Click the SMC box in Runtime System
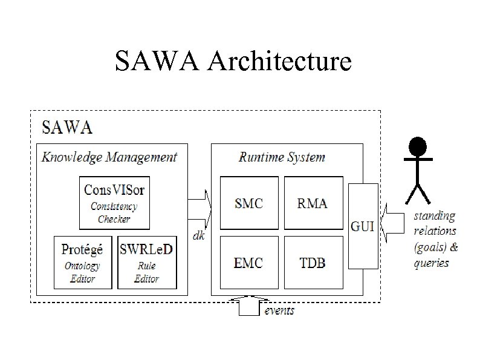(x=249, y=203)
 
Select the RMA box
(x=313, y=203)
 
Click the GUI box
(x=363, y=226)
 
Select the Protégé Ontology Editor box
(x=82, y=261)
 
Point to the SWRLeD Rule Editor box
(x=146, y=261)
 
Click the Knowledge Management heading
(x=109, y=157)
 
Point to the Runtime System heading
(x=282, y=157)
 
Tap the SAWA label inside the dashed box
(x=66, y=127)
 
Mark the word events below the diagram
(x=280, y=310)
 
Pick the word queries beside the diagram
(x=432, y=263)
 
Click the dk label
(x=198, y=235)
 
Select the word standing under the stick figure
(x=434, y=215)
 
